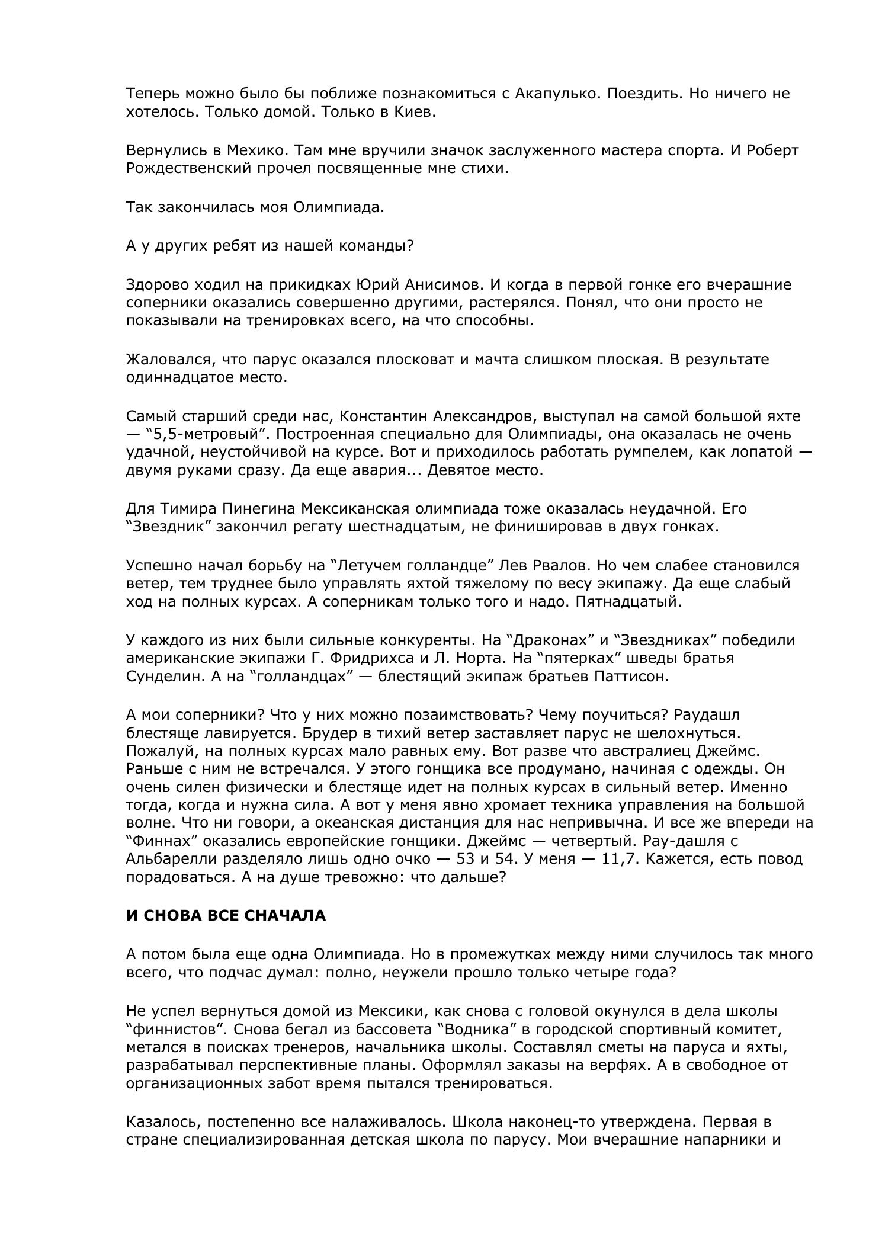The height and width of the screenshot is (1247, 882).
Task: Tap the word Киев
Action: point(415,112)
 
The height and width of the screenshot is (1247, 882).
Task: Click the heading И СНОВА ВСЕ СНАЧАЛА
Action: point(226,915)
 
